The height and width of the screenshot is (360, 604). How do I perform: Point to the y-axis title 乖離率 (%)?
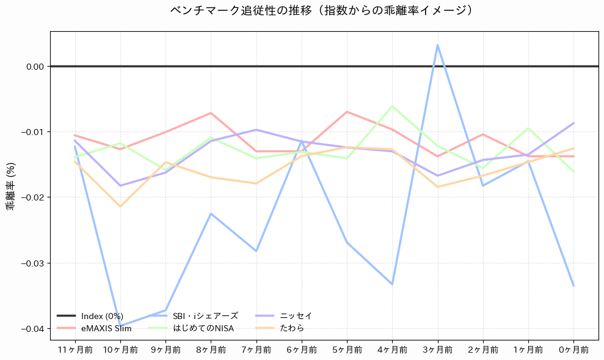(10, 186)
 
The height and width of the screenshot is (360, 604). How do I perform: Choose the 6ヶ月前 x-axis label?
(302, 350)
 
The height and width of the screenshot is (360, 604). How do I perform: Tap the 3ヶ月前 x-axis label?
(438, 350)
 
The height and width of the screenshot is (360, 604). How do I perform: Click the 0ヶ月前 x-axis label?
(573, 350)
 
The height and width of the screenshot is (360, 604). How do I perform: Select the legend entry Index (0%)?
(102, 316)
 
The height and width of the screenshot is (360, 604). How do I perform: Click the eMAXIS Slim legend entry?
(106, 328)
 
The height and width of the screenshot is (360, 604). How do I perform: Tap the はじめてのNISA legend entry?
(203, 328)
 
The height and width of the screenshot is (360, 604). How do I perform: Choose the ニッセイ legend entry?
(296, 316)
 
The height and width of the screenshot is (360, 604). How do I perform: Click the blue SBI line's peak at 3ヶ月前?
(438, 45)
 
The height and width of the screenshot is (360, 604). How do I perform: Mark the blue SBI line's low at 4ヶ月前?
(392, 284)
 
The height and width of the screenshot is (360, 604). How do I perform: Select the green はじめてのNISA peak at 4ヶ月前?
(392, 106)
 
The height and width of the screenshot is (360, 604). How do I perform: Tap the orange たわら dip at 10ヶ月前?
(120, 207)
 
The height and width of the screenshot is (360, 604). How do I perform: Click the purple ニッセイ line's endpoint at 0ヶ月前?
(573, 123)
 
